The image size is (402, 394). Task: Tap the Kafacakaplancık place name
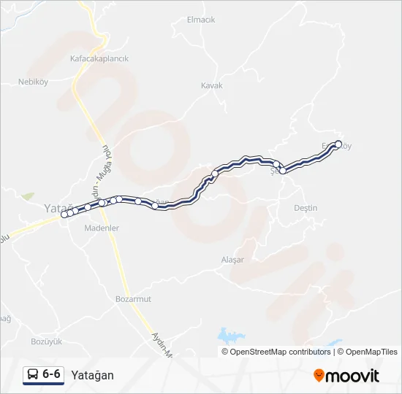point(99,58)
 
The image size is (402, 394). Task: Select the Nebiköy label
point(33,82)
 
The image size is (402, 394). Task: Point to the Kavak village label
point(211,85)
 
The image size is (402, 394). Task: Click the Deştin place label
point(305,208)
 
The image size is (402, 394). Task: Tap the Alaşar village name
point(232,260)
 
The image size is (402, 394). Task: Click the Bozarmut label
point(133,299)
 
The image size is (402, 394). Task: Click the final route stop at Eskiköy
point(338,144)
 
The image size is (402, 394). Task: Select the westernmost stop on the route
point(64,215)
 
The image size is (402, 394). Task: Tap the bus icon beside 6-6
point(33,375)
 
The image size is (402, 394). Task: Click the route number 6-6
point(51,374)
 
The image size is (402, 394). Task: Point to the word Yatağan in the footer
point(92,375)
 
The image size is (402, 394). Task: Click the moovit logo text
point(352,376)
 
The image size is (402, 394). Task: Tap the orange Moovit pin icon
point(319,376)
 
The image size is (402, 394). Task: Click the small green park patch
point(28,197)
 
